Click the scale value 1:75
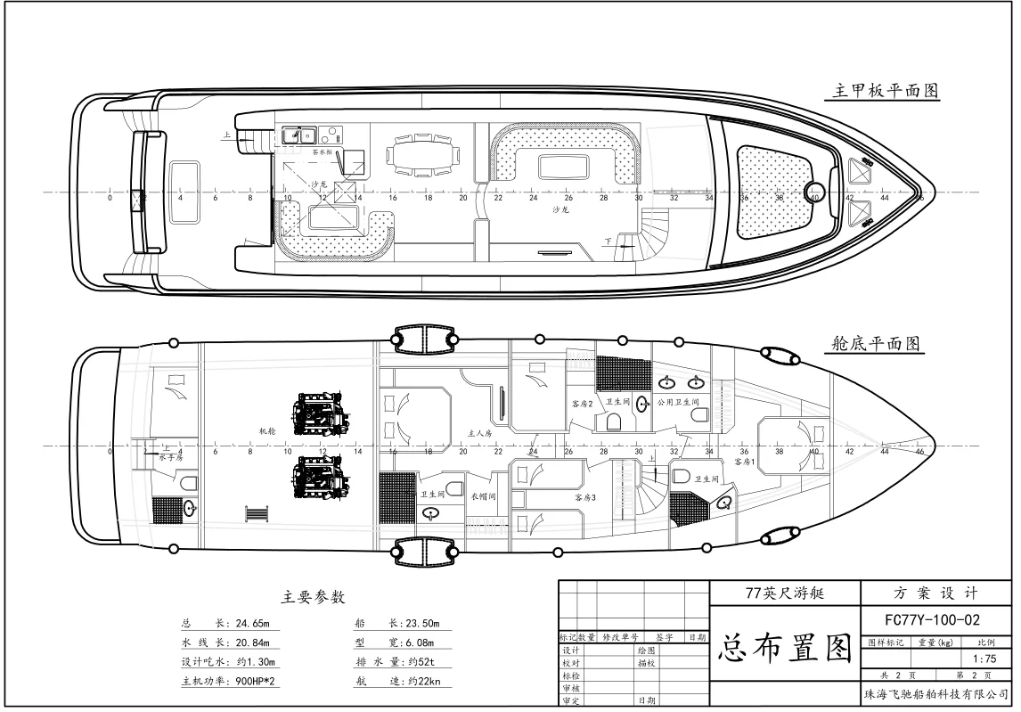click(984, 659)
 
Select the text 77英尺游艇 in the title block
click(785, 593)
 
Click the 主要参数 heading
click(313, 597)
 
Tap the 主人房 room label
click(480, 433)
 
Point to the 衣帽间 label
click(484, 497)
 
